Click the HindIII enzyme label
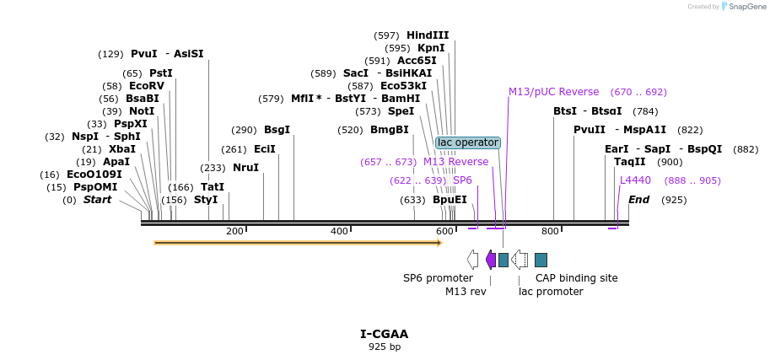click(x=428, y=35)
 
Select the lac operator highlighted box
click(x=468, y=142)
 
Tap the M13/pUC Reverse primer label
click(x=553, y=92)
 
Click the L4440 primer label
click(x=635, y=180)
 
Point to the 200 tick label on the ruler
click(x=234, y=231)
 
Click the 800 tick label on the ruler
click(x=550, y=231)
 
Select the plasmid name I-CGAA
click(x=385, y=334)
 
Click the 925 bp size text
click(x=385, y=347)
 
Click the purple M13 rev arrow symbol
click(x=491, y=260)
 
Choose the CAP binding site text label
click(x=576, y=277)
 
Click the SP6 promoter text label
click(x=438, y=277)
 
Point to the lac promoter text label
click(x=551, y=292)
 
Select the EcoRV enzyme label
click(x=147, y=86)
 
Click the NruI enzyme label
click(x=245, y=168)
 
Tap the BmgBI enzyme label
click(x=389, y=130)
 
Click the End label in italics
click(x=638, y=200)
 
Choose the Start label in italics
click(x=97, y=200)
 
